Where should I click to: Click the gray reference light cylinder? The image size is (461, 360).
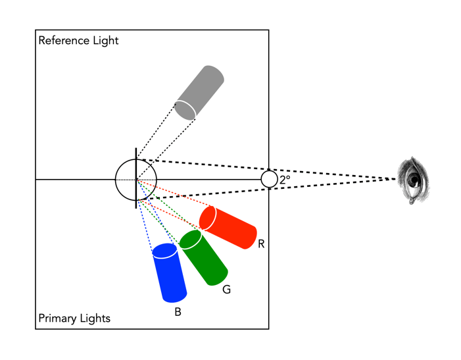click(x=201, y=91)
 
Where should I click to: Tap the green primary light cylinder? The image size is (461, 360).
click(x=206, y=259)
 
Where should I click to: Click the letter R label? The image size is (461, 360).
click(x=261, y=244)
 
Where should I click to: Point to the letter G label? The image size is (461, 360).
click(x=226, y=290)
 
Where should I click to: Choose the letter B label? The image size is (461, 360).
click(x=178, y=313)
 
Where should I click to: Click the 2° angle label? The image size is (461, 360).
click(x=285, y=179)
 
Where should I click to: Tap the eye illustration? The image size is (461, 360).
click(x=413, y=180)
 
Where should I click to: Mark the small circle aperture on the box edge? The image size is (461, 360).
click(x=269, y=179)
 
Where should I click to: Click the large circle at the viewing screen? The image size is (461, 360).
click(x=136, y=179)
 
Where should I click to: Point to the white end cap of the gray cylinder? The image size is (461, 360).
click(x=185, y=110)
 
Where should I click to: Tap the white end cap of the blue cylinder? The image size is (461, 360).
click(x=164, y=251)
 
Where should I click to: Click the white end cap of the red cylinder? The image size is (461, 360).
click(x=208, y=219)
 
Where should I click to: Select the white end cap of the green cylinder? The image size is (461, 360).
click(x=190, y=240)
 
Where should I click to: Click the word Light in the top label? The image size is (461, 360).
click(x=105, y=41)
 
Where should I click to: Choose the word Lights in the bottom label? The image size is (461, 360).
click(x=95, y=319)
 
